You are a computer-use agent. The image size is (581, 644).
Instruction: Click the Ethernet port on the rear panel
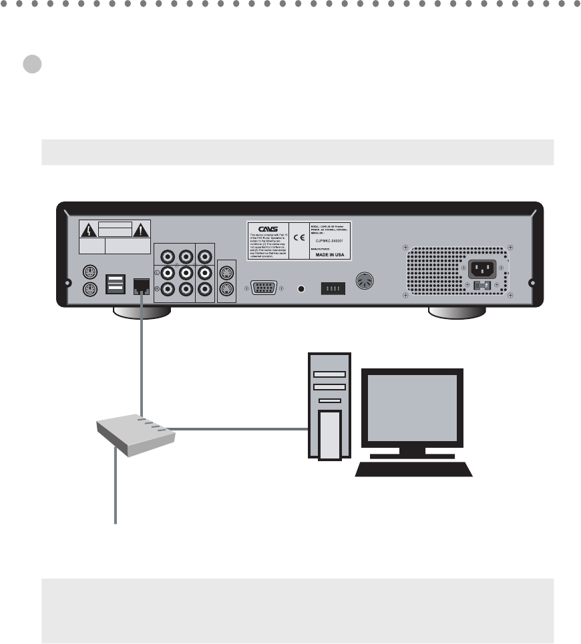point(142,286)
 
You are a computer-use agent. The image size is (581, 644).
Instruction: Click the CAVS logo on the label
point(266,228)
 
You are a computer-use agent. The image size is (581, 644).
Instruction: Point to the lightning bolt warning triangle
point(89,230)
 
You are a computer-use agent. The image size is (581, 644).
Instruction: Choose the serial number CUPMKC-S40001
point(330,243)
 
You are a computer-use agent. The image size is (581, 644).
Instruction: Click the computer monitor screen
point(413,407)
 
